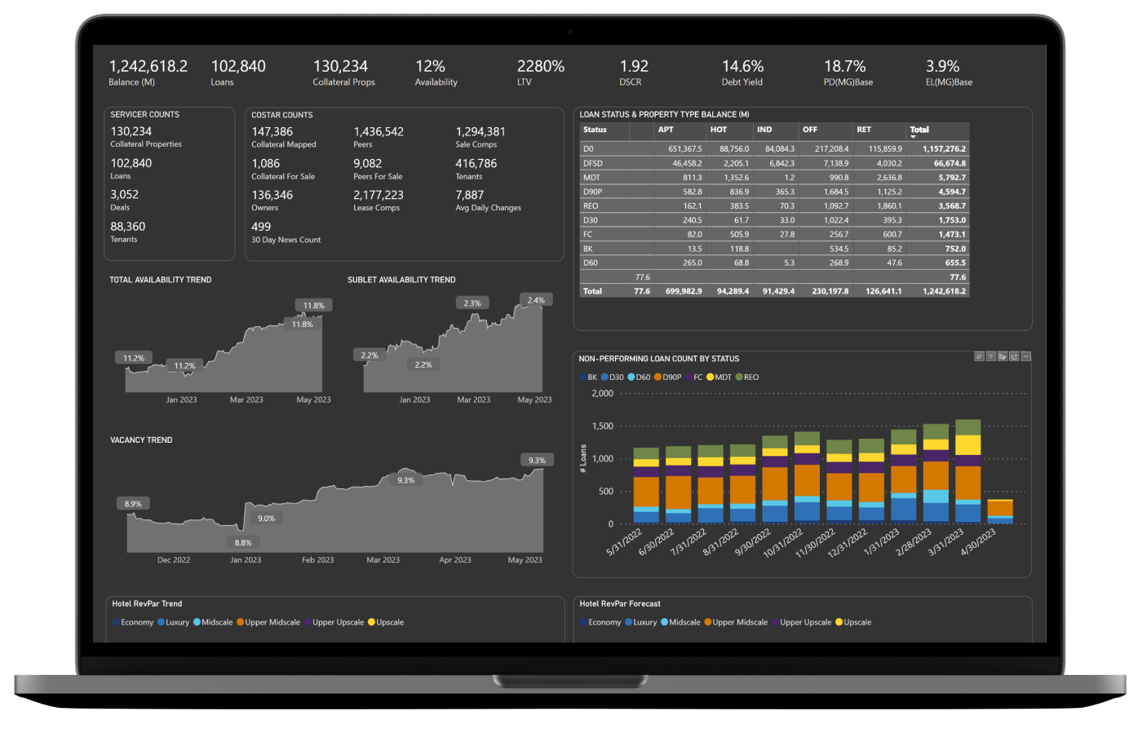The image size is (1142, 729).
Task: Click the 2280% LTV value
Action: click(540, 67)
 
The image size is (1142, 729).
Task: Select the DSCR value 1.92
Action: click(634, 67)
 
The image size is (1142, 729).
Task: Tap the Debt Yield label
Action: click(741, 82)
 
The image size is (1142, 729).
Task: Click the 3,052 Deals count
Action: click(125, 195)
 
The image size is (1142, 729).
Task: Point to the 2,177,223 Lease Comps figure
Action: click(378, 196)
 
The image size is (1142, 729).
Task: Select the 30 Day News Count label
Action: click(285, 240)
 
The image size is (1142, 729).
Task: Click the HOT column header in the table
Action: click(718, 130)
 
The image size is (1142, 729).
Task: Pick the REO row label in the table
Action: click(591, 206)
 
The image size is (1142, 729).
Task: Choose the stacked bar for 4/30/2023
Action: click(1000, 511)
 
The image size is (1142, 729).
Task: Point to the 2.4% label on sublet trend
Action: click(536, 300)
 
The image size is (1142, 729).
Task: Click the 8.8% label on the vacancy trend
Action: click(243, 543)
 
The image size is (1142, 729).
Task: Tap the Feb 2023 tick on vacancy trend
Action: click(318, 560)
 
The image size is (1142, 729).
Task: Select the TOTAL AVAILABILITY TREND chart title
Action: click(161, 280)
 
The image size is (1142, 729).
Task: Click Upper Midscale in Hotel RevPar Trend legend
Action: click(272, 622)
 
